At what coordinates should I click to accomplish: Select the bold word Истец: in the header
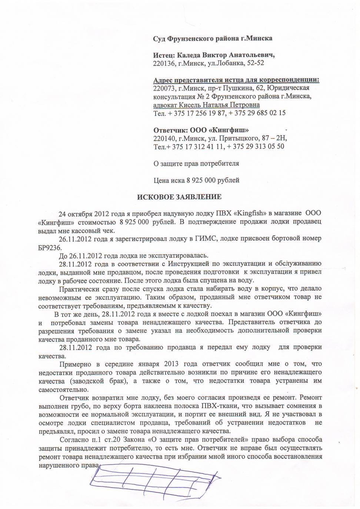(164, 55)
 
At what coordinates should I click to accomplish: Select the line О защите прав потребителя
(196, 163)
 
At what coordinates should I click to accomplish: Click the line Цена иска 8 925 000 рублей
(196, 180)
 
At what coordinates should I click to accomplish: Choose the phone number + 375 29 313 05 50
(256, 147)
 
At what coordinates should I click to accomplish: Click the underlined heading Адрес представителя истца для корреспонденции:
(236, 80)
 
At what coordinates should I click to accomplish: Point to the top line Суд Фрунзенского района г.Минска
(213, 38)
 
